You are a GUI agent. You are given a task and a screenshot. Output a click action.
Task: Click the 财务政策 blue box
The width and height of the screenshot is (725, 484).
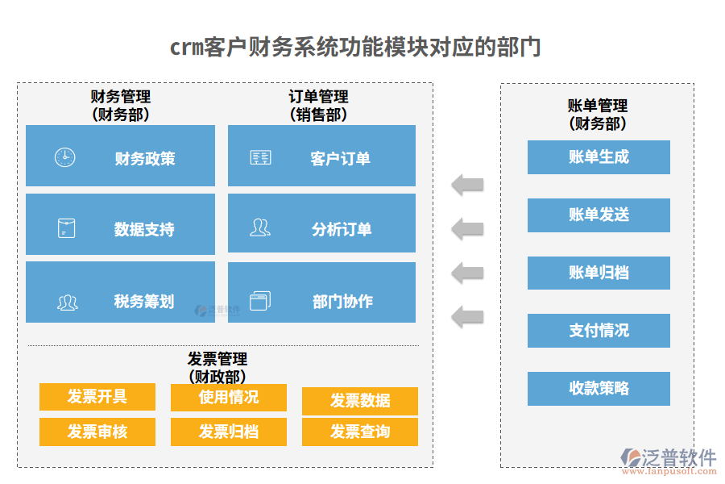[120, 156]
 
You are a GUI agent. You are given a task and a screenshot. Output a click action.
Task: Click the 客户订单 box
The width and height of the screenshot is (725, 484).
[321, 156]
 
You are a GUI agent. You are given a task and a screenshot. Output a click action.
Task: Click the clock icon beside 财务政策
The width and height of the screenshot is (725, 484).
[65, 157]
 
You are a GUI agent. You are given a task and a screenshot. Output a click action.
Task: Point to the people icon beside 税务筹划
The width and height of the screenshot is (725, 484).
[68, 302]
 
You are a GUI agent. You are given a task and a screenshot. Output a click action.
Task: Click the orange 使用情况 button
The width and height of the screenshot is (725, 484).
[229, 397]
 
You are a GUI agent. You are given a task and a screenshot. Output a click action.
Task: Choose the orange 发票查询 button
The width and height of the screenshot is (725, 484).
[360, 432]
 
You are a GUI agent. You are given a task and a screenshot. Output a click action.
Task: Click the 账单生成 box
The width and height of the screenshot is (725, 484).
[599, 157]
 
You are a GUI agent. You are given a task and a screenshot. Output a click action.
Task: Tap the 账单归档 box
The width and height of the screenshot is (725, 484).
[599, 273]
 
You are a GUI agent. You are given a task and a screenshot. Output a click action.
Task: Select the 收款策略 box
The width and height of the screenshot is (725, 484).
[599, 389]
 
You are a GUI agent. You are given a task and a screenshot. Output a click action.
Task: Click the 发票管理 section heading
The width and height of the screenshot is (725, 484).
[217, 359]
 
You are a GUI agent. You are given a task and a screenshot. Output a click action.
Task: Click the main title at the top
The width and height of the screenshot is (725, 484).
[354, 47]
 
